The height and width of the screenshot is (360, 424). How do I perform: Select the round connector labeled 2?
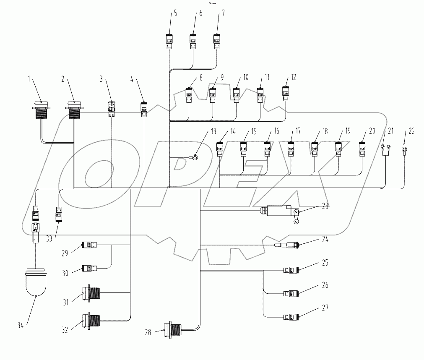[x=75, y=110]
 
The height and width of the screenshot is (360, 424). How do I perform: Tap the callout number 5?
[x=175, y=13]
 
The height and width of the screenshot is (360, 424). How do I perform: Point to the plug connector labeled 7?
[x=217, y=41]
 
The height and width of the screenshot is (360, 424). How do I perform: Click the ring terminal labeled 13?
[x=195, y=157]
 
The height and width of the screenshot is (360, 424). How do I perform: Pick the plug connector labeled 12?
[x=286, y=93]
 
